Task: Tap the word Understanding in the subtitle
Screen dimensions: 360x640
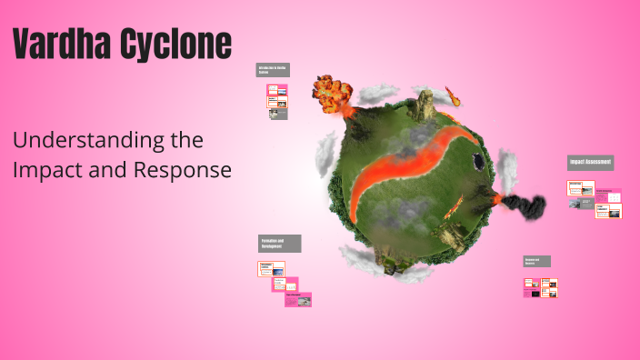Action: tap(107, 141)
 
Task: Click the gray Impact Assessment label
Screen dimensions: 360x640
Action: tap(590, 163)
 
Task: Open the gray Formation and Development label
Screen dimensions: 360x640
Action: tap(279, 244)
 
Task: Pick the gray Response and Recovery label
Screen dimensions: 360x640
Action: tap(536, 261)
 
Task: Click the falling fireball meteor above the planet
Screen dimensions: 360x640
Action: tap(452, 95)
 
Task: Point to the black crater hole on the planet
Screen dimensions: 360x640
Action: tap(477, 161)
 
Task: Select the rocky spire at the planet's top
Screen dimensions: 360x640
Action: tap(423, 106)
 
